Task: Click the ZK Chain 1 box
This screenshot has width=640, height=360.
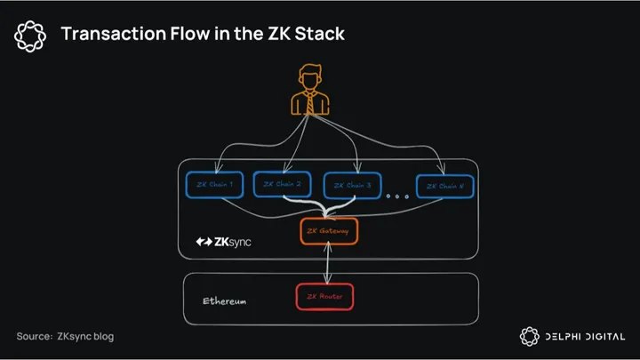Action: click(214, 185)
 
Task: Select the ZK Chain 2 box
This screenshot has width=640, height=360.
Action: click(284, 184)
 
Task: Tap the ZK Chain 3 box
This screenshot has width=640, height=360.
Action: click(353, 186)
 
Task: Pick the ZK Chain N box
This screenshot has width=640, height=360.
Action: click(445, 186)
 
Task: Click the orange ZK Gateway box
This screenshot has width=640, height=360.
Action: click(329, 232)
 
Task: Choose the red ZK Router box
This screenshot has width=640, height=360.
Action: click(324, 296)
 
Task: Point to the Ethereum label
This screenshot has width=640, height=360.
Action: click(224, 301)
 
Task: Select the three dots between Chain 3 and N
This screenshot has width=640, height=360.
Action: click(398, 196)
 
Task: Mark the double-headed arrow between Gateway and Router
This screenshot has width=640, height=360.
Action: click(328, 264)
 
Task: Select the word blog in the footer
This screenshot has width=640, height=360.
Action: click(101, 337)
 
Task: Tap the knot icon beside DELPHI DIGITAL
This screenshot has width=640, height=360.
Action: click(530, 336)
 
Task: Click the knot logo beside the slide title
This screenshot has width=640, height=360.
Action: click(30, 35)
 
